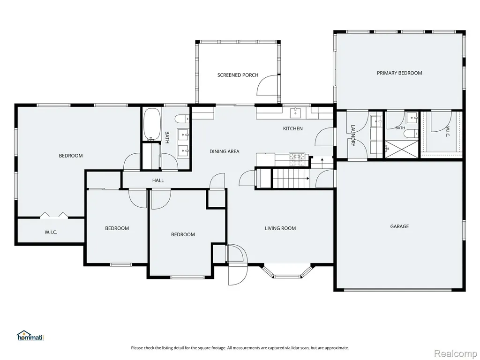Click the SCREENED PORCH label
coord(238,75)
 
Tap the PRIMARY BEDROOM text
coord(399,73)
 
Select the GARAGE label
coord(399,226)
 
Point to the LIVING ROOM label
coord(280,228)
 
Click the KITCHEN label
coord(292,128)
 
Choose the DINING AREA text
coord(225,151)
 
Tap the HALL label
coord(158,180)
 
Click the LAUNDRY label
coord(352,135)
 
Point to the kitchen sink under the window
coord(295,112)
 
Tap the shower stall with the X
coord(401,149)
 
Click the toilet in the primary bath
coord(411,134)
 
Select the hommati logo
coord(30,336)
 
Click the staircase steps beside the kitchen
coord(291,179)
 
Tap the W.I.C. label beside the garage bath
coord(448,132)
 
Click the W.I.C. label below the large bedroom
coord(51,232)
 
